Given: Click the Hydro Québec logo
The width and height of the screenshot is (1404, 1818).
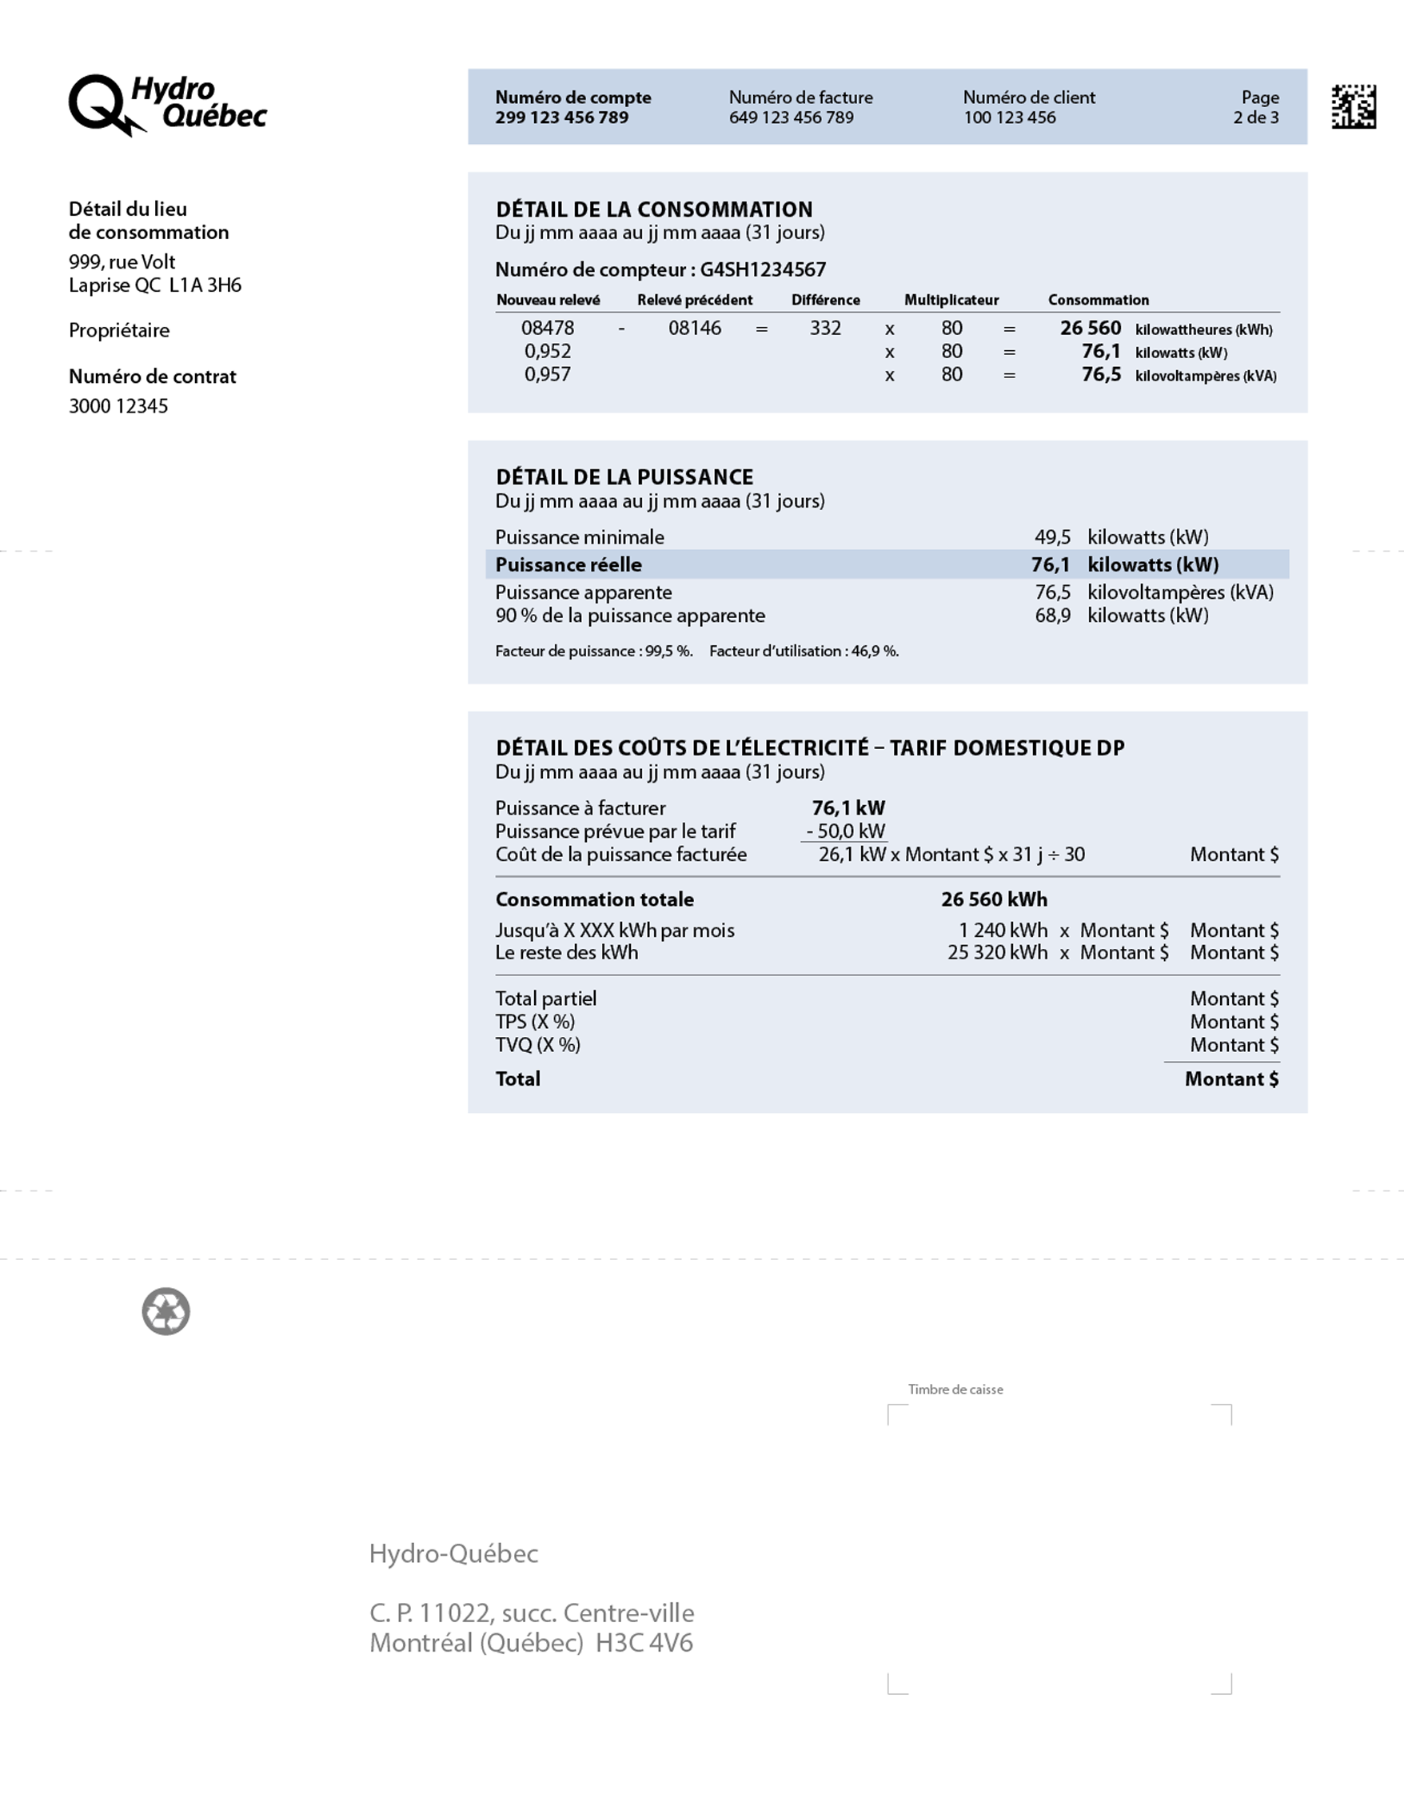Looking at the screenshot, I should [x=166, y=105].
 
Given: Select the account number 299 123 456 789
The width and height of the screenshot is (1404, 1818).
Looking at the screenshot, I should [x=562, y=118].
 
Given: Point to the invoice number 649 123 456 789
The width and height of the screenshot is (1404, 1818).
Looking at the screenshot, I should [x=791, y=118].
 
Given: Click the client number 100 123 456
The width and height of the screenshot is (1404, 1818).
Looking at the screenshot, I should [x=1009, y=118].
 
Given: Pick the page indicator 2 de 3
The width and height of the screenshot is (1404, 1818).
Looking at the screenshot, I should [x=1255, y=118].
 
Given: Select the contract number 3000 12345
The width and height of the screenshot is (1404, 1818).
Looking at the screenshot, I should [x=118, y=406].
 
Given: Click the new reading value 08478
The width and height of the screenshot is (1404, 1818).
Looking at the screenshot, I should [x=547, y=328].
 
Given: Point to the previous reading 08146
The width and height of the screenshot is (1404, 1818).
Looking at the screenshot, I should [x=694, y=328].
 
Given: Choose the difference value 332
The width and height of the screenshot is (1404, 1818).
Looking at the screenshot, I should [x=825, y=328].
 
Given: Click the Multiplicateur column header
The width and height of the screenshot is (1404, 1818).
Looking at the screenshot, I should [x=951, y=300].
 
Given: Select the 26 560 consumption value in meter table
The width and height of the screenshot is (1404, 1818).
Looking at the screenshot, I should [x=1090, y=328].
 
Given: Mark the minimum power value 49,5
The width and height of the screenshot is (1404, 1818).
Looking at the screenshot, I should [x=1052, y=537].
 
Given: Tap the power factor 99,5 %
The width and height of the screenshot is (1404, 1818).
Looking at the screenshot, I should [x=668, y=651].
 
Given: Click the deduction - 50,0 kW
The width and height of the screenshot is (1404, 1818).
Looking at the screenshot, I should [x=845, y=831].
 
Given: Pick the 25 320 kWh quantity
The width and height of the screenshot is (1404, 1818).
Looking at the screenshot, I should [x=996, y=952].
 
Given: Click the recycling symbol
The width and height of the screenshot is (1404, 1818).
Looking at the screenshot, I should [x=166, y=1311].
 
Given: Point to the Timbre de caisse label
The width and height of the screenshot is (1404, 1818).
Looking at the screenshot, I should [x=955, y=1389].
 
